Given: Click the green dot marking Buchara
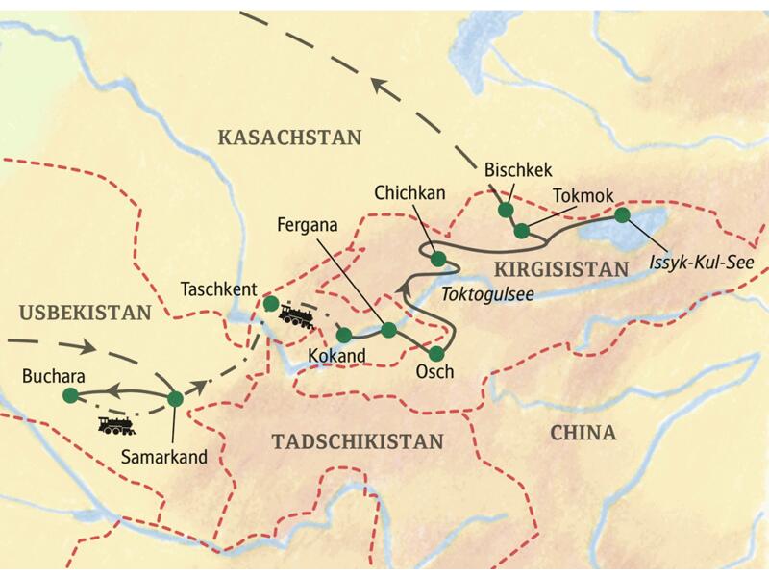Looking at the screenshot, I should tap(69, 395).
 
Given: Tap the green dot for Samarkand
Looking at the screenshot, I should tap(175, 398).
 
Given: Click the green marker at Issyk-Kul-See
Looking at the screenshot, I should tap(622, 215).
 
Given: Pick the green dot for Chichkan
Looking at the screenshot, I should tap(437, 259).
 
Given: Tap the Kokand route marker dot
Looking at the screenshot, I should tap(343, 336).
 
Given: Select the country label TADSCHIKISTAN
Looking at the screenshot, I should tap(359, 441).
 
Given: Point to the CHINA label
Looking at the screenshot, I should tap(583, 433).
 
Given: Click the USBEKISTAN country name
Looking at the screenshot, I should tap(85, 313).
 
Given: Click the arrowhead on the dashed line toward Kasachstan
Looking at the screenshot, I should tap(383, 91).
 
